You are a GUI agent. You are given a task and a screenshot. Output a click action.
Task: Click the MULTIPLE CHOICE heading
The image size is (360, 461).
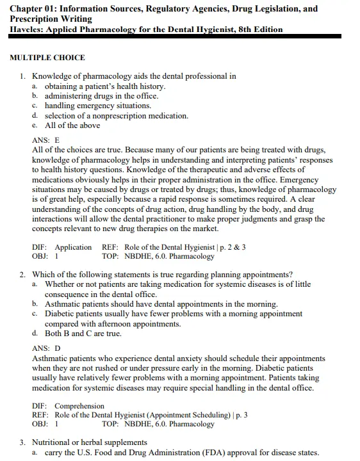(x=47, y=58)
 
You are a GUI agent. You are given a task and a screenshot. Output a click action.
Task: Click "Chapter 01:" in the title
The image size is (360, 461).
(x=37, y=9)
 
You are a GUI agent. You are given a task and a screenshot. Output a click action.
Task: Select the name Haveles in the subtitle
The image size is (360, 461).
(x=28, y=29)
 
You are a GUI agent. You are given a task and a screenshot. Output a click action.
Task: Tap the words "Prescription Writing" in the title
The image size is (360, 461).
(x=51, y=19)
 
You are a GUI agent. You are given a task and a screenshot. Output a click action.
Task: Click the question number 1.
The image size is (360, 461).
(x=22, y=76)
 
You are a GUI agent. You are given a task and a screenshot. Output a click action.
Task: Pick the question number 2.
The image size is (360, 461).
(x=22, y=275)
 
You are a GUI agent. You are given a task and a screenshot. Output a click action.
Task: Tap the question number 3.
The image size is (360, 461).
(x=22, y=442)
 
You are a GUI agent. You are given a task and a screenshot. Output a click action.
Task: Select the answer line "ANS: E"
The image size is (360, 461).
(x=45, y=140)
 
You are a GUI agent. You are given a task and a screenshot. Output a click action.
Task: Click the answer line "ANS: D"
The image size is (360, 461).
(x=46, y=348)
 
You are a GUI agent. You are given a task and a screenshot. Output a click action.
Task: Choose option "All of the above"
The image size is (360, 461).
(x=72, y=125)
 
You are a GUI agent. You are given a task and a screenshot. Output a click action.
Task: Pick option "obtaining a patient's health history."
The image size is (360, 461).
(x=105, y=86)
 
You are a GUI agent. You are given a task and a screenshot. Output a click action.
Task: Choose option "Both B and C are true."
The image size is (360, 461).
(x=83, y=334)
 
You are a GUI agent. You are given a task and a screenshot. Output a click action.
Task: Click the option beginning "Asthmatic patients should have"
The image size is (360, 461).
(x=161, y=304)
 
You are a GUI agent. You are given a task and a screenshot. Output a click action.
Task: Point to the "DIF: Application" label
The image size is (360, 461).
(x=62, y=247)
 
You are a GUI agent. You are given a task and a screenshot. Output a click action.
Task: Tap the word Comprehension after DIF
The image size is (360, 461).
(x=79, y=406)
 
